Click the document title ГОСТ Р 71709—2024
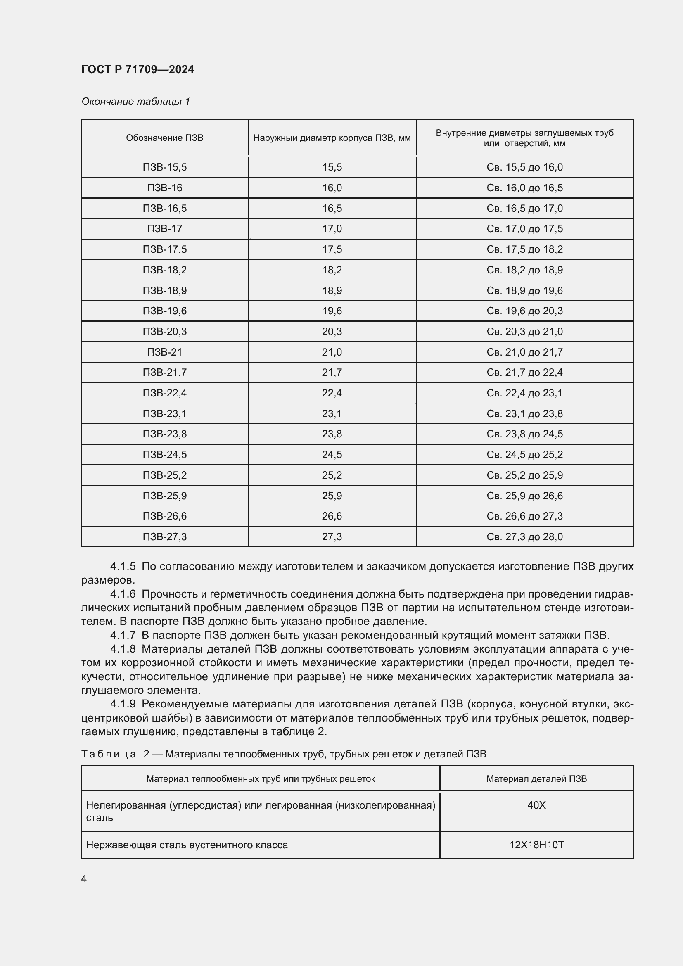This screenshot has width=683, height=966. tap(138, 69)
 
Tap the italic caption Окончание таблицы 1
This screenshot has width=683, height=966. tap(135, 102)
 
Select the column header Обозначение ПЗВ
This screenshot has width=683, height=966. tap(164, 138)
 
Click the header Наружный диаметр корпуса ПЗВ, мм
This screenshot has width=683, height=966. tap(332, 138)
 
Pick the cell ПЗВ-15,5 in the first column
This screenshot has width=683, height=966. tap(164, 167)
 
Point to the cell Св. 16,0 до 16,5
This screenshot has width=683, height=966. tap(524, 188)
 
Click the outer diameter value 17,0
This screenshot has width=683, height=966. tap(332, 229)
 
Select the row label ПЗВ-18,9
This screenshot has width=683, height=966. tap(164, 291)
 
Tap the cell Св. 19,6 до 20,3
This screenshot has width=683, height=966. tap(524, 311)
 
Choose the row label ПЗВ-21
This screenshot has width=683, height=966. tap(164, 352)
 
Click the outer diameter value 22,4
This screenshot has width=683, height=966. tap(332, 393)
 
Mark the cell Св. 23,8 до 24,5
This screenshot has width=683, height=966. tap(524, 434)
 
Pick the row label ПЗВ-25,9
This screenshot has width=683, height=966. tap(164, 496)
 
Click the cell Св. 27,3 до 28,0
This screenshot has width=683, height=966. tap(524, 536)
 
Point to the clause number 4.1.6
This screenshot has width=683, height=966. tap(123, 594)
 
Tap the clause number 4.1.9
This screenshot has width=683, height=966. tap(123, 704)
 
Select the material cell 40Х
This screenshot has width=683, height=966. tap(536, 805)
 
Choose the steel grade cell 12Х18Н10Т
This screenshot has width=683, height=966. tap(536, 845)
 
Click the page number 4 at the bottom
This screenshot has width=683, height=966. tap(84, 879)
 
